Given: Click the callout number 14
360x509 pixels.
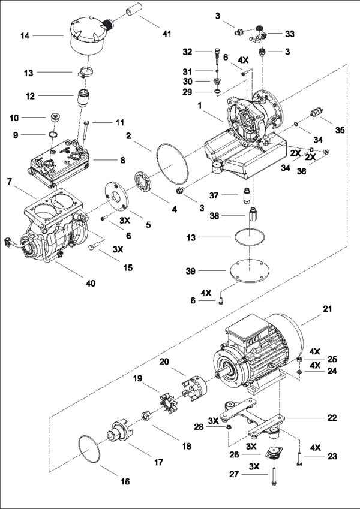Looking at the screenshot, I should click(x=25, y=35).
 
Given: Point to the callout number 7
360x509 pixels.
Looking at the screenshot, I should click(x=9, y=180).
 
